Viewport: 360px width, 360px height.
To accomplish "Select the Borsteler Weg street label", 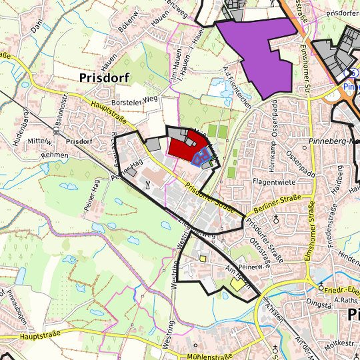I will pos(137,101).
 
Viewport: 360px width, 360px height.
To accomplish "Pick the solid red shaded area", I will pos(181,147).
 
